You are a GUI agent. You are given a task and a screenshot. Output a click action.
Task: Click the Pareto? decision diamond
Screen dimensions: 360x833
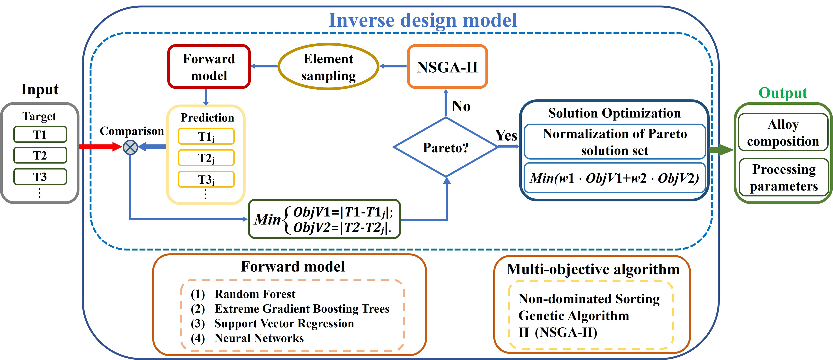[x=446, y=147]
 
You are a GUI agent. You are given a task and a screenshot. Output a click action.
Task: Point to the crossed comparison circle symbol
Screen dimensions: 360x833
[x=130, y=147]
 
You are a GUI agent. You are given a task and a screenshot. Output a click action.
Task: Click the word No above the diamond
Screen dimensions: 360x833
[x=461, y=106]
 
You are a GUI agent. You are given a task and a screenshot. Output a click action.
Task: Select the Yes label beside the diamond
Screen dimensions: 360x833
[x=506, y=135]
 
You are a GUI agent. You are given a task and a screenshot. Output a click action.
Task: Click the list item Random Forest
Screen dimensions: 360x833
[x=255, y=294]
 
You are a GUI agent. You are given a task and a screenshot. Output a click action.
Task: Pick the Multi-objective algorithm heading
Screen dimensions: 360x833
[x=593, y=269]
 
